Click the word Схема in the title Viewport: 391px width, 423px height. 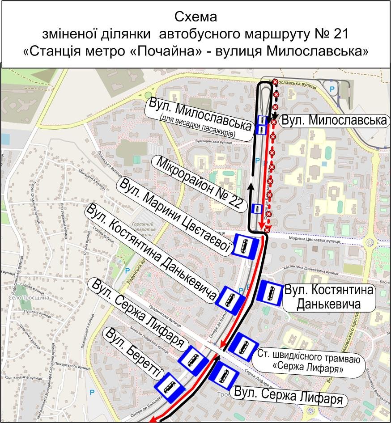pos(195,18)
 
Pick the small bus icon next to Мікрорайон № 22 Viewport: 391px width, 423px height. pos(257,208)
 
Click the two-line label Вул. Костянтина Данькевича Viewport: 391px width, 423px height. pos(329,298)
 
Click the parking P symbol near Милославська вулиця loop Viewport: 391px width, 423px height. pos(332,89)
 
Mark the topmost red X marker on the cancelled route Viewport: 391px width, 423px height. pos(276,82)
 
